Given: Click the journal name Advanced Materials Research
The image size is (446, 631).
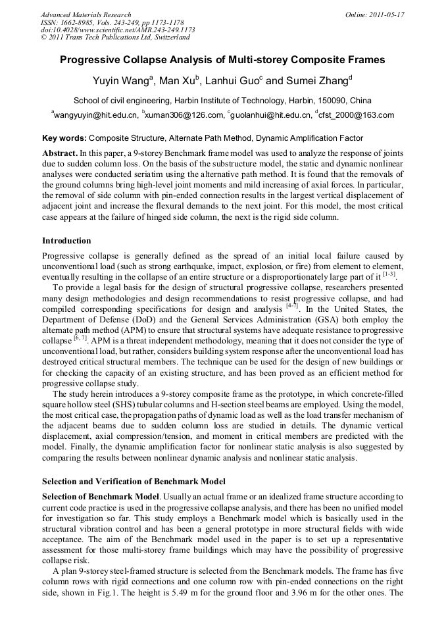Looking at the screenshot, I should (x=86, y=14).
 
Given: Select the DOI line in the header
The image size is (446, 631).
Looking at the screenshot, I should (x=118, y=30).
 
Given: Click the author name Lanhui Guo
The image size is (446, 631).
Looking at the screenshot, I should (x=233, y=82).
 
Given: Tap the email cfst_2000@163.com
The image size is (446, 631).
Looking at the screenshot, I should (x=355, y=116).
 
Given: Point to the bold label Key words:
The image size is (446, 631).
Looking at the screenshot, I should (x=64, y=138).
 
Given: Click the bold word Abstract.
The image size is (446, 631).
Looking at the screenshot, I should (x=61, y=151).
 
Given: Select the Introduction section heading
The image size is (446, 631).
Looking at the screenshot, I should (x=66, y=241).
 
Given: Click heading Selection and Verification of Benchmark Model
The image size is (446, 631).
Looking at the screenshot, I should (x=134, y=482).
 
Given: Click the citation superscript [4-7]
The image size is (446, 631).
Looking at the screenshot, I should (x=288, y=306).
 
